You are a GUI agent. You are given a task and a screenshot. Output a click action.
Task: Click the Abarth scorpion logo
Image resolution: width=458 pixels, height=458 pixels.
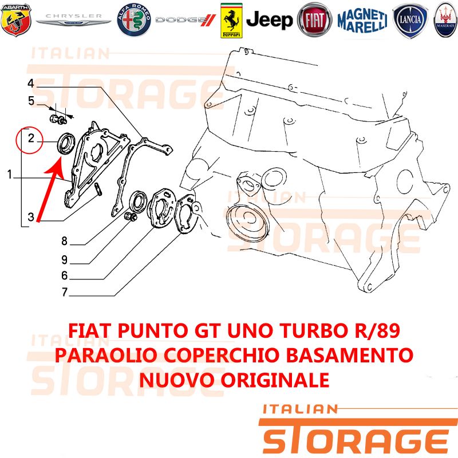tap(16, 20)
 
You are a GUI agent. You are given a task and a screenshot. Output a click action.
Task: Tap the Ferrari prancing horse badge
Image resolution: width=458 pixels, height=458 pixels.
tap(231, 21)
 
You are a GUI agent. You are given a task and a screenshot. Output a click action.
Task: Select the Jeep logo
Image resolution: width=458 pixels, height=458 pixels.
tap(269, 20)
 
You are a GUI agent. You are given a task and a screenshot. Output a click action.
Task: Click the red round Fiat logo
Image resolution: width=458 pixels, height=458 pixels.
tap(314, 20)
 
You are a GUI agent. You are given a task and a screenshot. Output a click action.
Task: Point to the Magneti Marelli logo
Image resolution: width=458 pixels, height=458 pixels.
tap(362, 20)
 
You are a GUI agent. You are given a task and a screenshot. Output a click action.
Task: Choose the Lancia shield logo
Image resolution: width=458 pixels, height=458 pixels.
tap(410, 20)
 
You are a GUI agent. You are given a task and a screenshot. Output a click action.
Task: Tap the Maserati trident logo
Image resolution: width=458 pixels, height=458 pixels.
tap(446, 20)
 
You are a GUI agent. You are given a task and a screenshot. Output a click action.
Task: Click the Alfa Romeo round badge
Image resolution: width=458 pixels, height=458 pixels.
tap(134, 20)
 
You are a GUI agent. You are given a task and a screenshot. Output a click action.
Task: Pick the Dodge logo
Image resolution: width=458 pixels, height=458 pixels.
tap(185, 20)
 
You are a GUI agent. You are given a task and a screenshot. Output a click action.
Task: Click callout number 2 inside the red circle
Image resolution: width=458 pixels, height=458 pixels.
tap(31, 138)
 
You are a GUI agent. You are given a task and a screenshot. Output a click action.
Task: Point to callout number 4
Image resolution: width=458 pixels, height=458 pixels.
tap(31, 84)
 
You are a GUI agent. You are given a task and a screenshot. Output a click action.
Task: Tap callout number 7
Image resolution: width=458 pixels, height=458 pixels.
tap(65, 292)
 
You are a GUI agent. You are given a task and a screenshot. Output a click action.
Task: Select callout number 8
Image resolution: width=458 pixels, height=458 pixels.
tap(64, 241)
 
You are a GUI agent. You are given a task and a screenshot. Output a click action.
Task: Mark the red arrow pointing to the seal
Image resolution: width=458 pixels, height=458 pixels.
tap(49, 189)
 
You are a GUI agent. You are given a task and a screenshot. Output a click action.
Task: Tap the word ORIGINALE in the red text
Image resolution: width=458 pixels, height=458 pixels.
tap(275, 380)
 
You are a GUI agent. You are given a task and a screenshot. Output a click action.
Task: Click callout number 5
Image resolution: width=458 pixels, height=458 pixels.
tap(31, 101)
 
